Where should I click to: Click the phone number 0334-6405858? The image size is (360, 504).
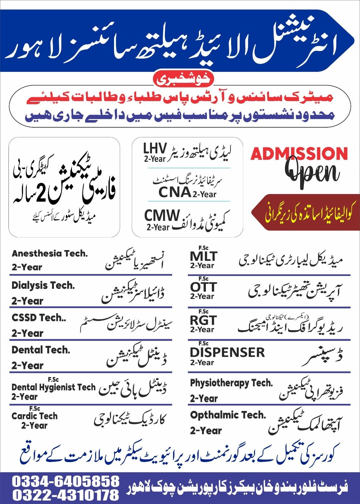tap(66, 481)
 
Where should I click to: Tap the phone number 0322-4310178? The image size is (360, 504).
tap(66, 495)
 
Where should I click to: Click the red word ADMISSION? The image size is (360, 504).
tap(299, 154)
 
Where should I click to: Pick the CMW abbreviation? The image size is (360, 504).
tap(162, 216)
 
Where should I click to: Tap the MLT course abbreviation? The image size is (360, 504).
tap(204, 256)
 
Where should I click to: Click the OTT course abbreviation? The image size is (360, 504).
tap(203, 287)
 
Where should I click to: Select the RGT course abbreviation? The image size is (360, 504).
tap(203, 320)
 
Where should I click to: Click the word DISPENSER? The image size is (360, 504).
tap(227, 352)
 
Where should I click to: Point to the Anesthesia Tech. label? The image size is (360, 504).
tap(49, 254)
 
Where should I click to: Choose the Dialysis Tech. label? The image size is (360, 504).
tap(43, 285)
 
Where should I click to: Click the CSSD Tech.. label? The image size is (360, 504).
tap(39, 318)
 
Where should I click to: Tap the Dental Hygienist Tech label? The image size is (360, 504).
tap(54, 387)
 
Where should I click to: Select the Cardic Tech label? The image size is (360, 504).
tap(35, 416)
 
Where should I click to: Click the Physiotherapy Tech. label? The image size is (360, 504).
tap(231, 383)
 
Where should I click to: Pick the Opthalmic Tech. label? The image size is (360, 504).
tap(228, 415)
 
